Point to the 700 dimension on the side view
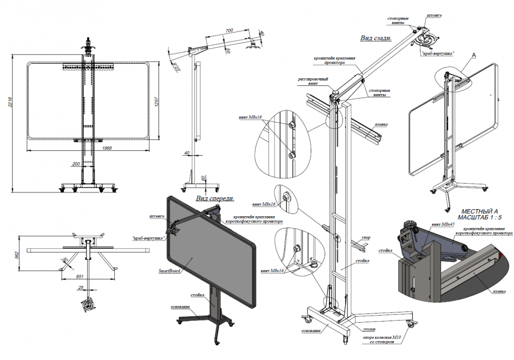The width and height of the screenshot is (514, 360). coord(229,31)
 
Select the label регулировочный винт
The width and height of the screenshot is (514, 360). coord(313,82)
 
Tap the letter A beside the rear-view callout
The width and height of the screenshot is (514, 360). coord(474,55)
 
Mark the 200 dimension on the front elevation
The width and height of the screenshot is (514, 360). coord(75,163)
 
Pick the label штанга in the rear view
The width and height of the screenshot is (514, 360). coord(434,16)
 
